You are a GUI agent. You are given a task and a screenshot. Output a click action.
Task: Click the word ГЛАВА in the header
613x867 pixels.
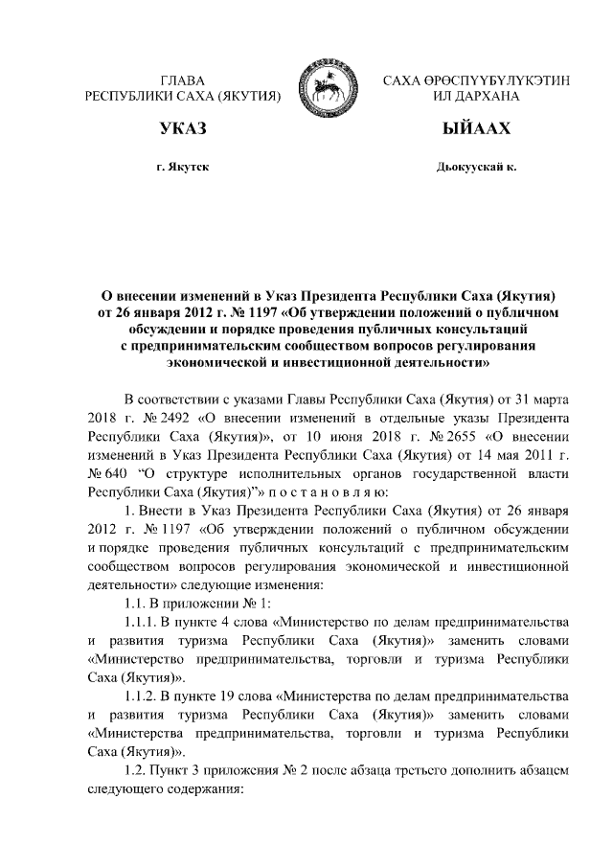(x=182, y=80)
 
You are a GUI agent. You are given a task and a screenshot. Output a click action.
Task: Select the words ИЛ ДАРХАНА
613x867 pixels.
(x=476, y=97)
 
